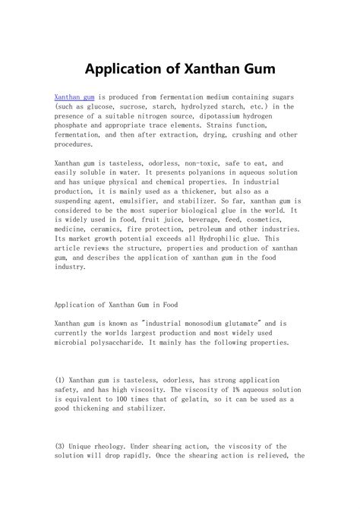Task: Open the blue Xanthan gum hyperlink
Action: [74, 99]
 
